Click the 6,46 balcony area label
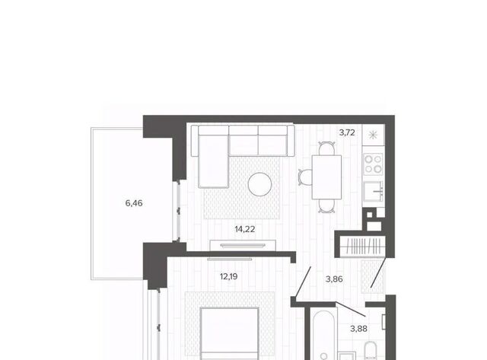coord(134,203)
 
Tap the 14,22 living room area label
coord(245,230)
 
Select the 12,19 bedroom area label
coord(228,276)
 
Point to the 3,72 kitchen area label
coord(347,133)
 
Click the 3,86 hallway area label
coord(334,279)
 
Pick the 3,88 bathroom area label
coord(358,329)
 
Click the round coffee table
coord(259,184)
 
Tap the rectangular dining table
coord(326,177)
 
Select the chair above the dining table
coord(326,148)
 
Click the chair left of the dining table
coord(305,177)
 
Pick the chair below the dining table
coord(326,206)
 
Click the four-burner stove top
coord(373,164)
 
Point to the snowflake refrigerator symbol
coord(373,135)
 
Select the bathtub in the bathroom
coord(323,335)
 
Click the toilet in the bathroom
coord(370,351)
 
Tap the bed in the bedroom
coord(230,333)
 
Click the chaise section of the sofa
coord(213,161)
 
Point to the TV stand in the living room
coord(243,245)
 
